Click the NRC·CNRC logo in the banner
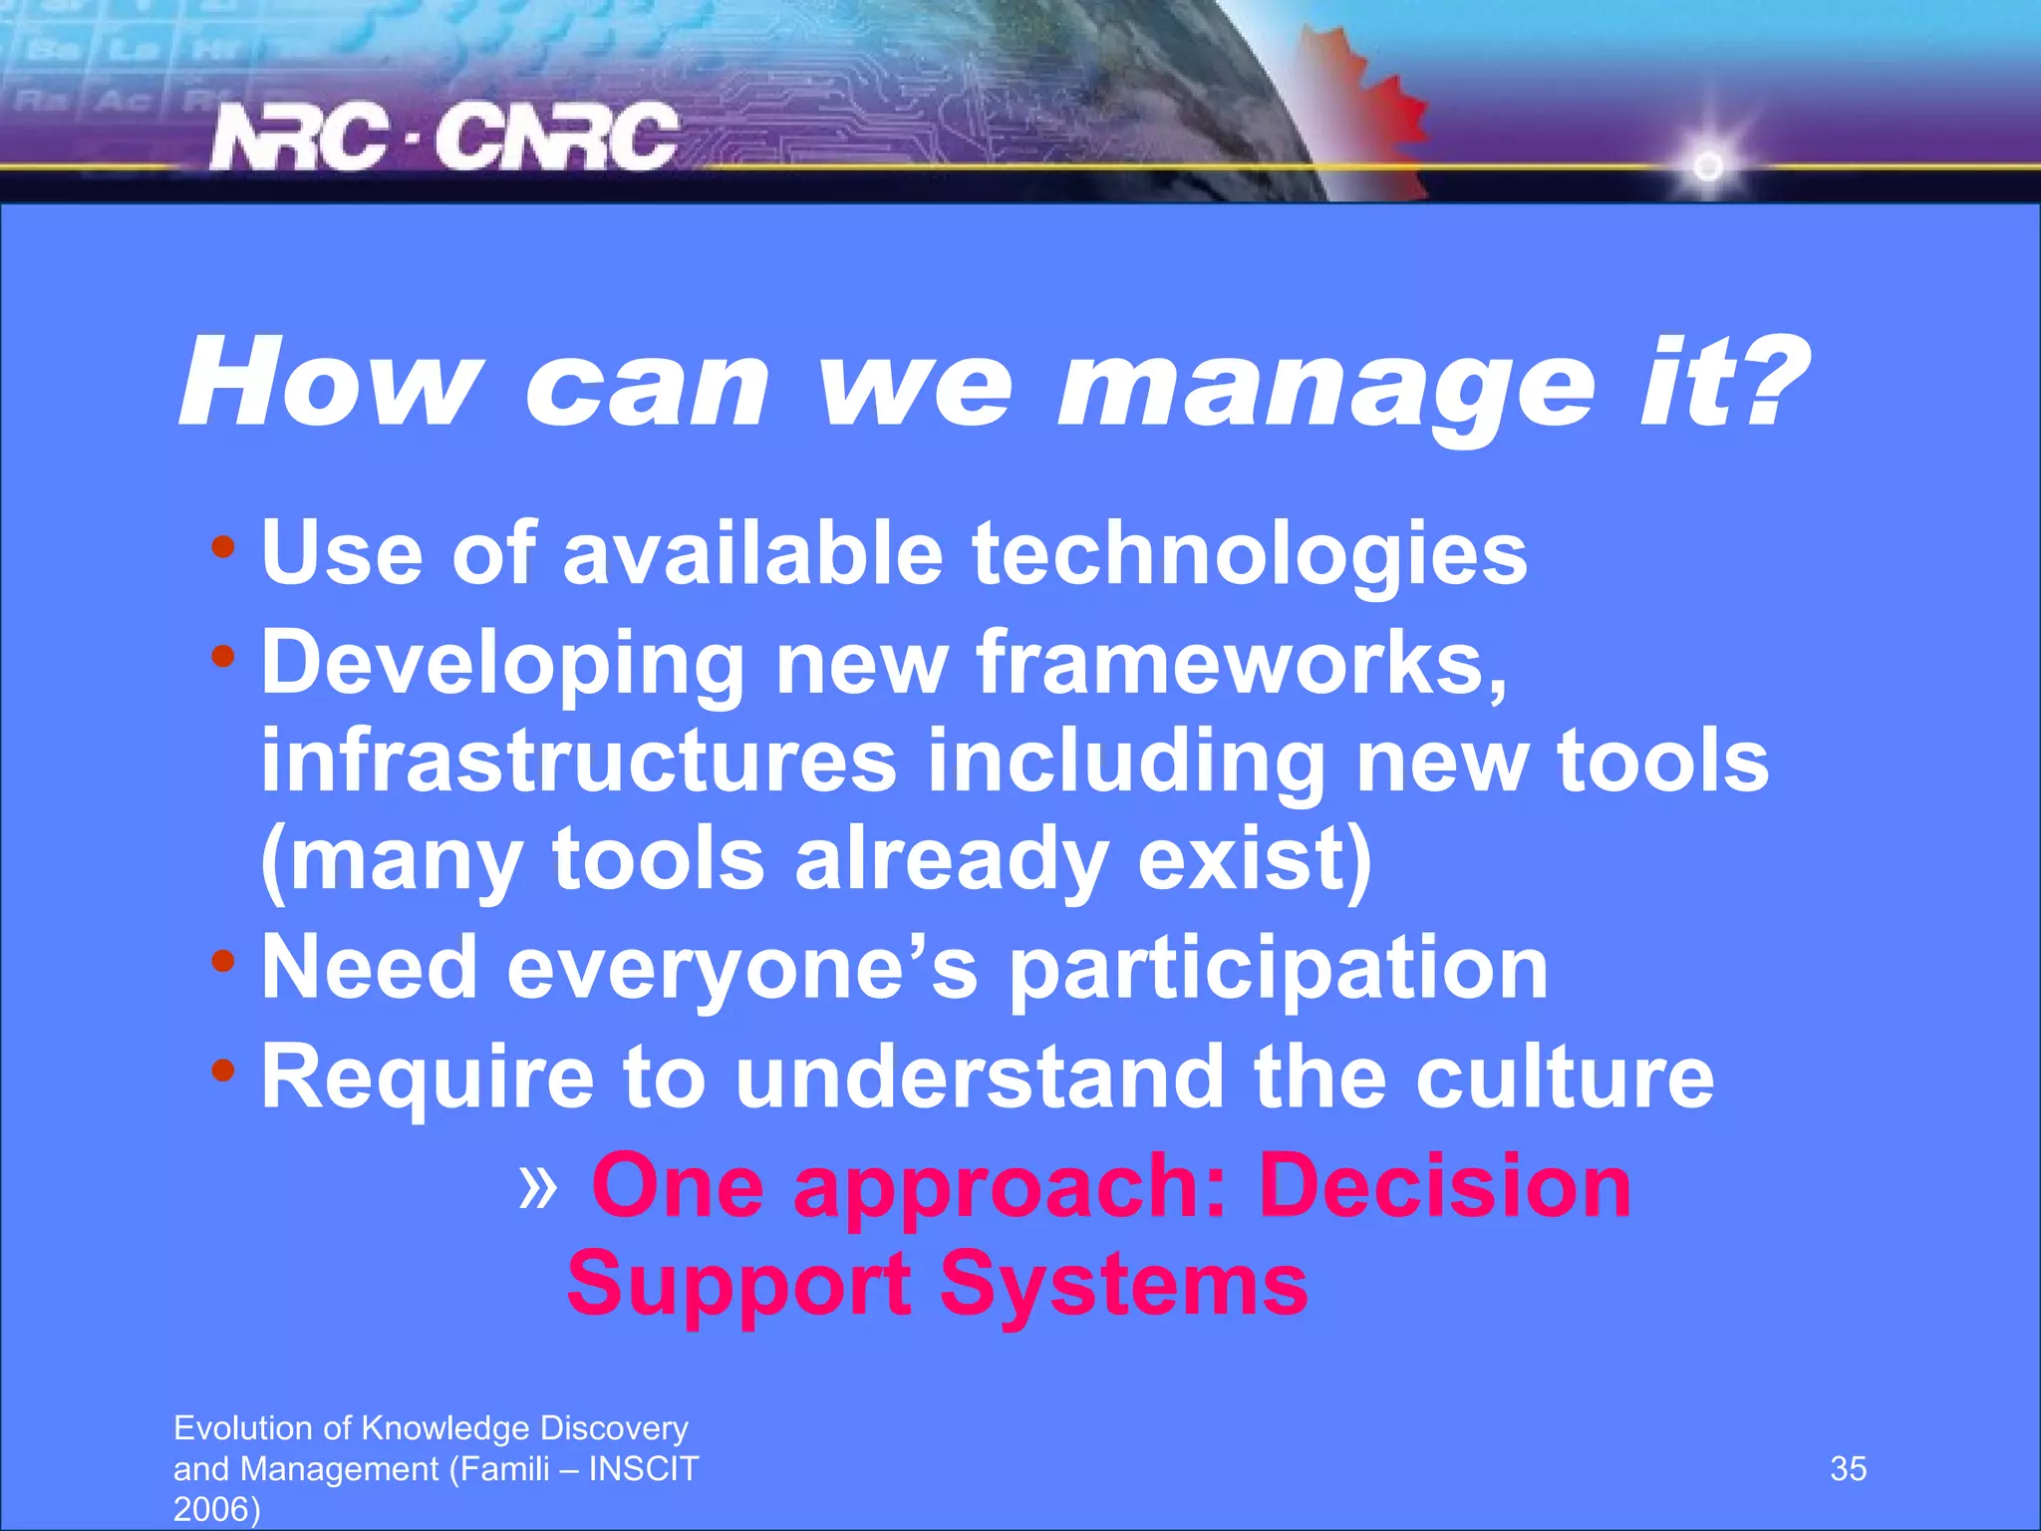click(x=443, y=137)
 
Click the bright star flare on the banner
click(x=1708, y=165)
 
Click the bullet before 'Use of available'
click(x=223, y=546)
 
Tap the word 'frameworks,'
click(x=1242, y=663)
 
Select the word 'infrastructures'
click(x=579, y=761)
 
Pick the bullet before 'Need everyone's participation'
click(x=223, y=961)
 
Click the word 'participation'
click(x=1279, y=969)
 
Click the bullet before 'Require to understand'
click(x=223, y=1071)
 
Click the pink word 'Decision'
click(x=1445, y=1186)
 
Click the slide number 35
click(x=1848, y=1469)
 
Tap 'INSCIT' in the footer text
click(x=644, y=1469)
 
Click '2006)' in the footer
click(x=216, y=1509)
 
